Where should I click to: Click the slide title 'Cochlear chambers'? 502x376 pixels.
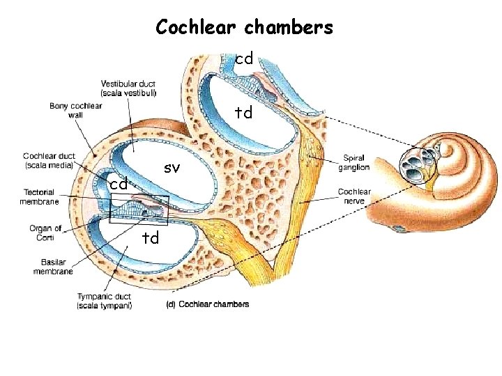click(x=245, y=27)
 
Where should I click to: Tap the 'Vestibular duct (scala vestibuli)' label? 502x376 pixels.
click(x=128, y=88)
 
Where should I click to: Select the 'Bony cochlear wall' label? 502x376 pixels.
click(x=76, y=110)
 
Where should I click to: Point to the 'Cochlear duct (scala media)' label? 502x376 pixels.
click(x=56, y=160)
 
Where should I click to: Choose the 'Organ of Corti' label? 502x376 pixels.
click(x=45, y=233)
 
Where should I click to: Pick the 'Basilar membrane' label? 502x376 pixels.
click(x=53, y=267)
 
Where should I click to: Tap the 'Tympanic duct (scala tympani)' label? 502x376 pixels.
click(x=103, y=301)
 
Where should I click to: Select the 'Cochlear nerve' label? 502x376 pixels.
click(x=354, y=196)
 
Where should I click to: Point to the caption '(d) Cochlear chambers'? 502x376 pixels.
click(x=207, y=304)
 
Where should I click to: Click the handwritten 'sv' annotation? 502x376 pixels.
click(x=172, y=168)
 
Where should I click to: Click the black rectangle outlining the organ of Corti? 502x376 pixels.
click(x=139, y=209)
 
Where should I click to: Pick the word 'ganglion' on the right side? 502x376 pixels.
click(x=354, y=167)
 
